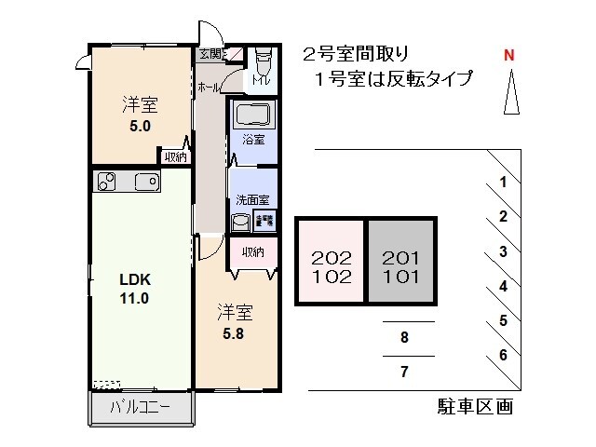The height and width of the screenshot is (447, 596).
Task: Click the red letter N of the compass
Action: point(509,54)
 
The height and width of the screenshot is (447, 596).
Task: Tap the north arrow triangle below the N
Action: point(509,94)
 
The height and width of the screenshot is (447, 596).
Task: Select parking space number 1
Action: point(503,183)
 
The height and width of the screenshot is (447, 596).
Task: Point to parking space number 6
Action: point(503,355)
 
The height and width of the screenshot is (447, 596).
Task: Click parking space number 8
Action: point(404,338)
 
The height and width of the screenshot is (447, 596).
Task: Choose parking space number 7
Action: point(404,372)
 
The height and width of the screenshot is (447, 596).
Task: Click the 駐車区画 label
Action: point(475,406)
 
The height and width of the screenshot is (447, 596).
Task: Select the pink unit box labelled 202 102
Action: point(331,266)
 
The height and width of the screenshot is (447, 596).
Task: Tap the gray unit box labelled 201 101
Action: point(400,266)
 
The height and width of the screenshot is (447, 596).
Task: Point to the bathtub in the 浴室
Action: point(252,116)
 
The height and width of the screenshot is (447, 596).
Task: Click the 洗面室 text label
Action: point(252,199)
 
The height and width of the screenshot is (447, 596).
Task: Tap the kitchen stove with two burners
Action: point(105,181)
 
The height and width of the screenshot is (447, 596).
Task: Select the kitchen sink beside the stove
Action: point(146,181)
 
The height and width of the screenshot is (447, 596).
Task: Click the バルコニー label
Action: point(139,407)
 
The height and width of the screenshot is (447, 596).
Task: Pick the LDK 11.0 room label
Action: point(135,290)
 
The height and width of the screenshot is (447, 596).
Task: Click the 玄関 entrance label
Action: point(210,53)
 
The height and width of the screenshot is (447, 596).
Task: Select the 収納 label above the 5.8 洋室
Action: point(252,251)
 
